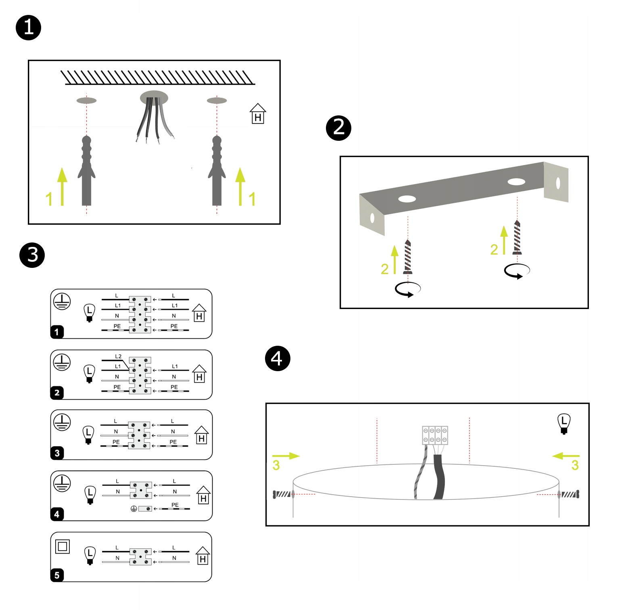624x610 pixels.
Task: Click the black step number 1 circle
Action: [28, 28]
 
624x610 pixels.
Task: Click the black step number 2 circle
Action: [338, 128]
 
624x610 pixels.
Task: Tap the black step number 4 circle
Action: [278, 358]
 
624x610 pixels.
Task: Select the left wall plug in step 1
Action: [86, 171]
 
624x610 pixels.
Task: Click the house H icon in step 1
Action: [258, 114]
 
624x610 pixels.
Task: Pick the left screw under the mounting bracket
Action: [408, 257]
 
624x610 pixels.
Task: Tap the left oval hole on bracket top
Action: [407, 199]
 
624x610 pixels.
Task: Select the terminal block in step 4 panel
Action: [435, 435]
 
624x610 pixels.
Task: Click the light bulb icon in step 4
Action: [564, 423]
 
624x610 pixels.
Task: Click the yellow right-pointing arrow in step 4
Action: [286, 456]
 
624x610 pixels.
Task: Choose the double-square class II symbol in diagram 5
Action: [63, 547]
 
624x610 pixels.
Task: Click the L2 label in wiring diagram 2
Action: [118, 356]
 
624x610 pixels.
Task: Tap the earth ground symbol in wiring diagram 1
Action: [62, 301]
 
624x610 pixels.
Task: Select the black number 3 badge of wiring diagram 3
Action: [57, 453]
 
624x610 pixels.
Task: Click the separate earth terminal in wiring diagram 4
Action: [145, 509]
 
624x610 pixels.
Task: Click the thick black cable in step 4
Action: [439, 476]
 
